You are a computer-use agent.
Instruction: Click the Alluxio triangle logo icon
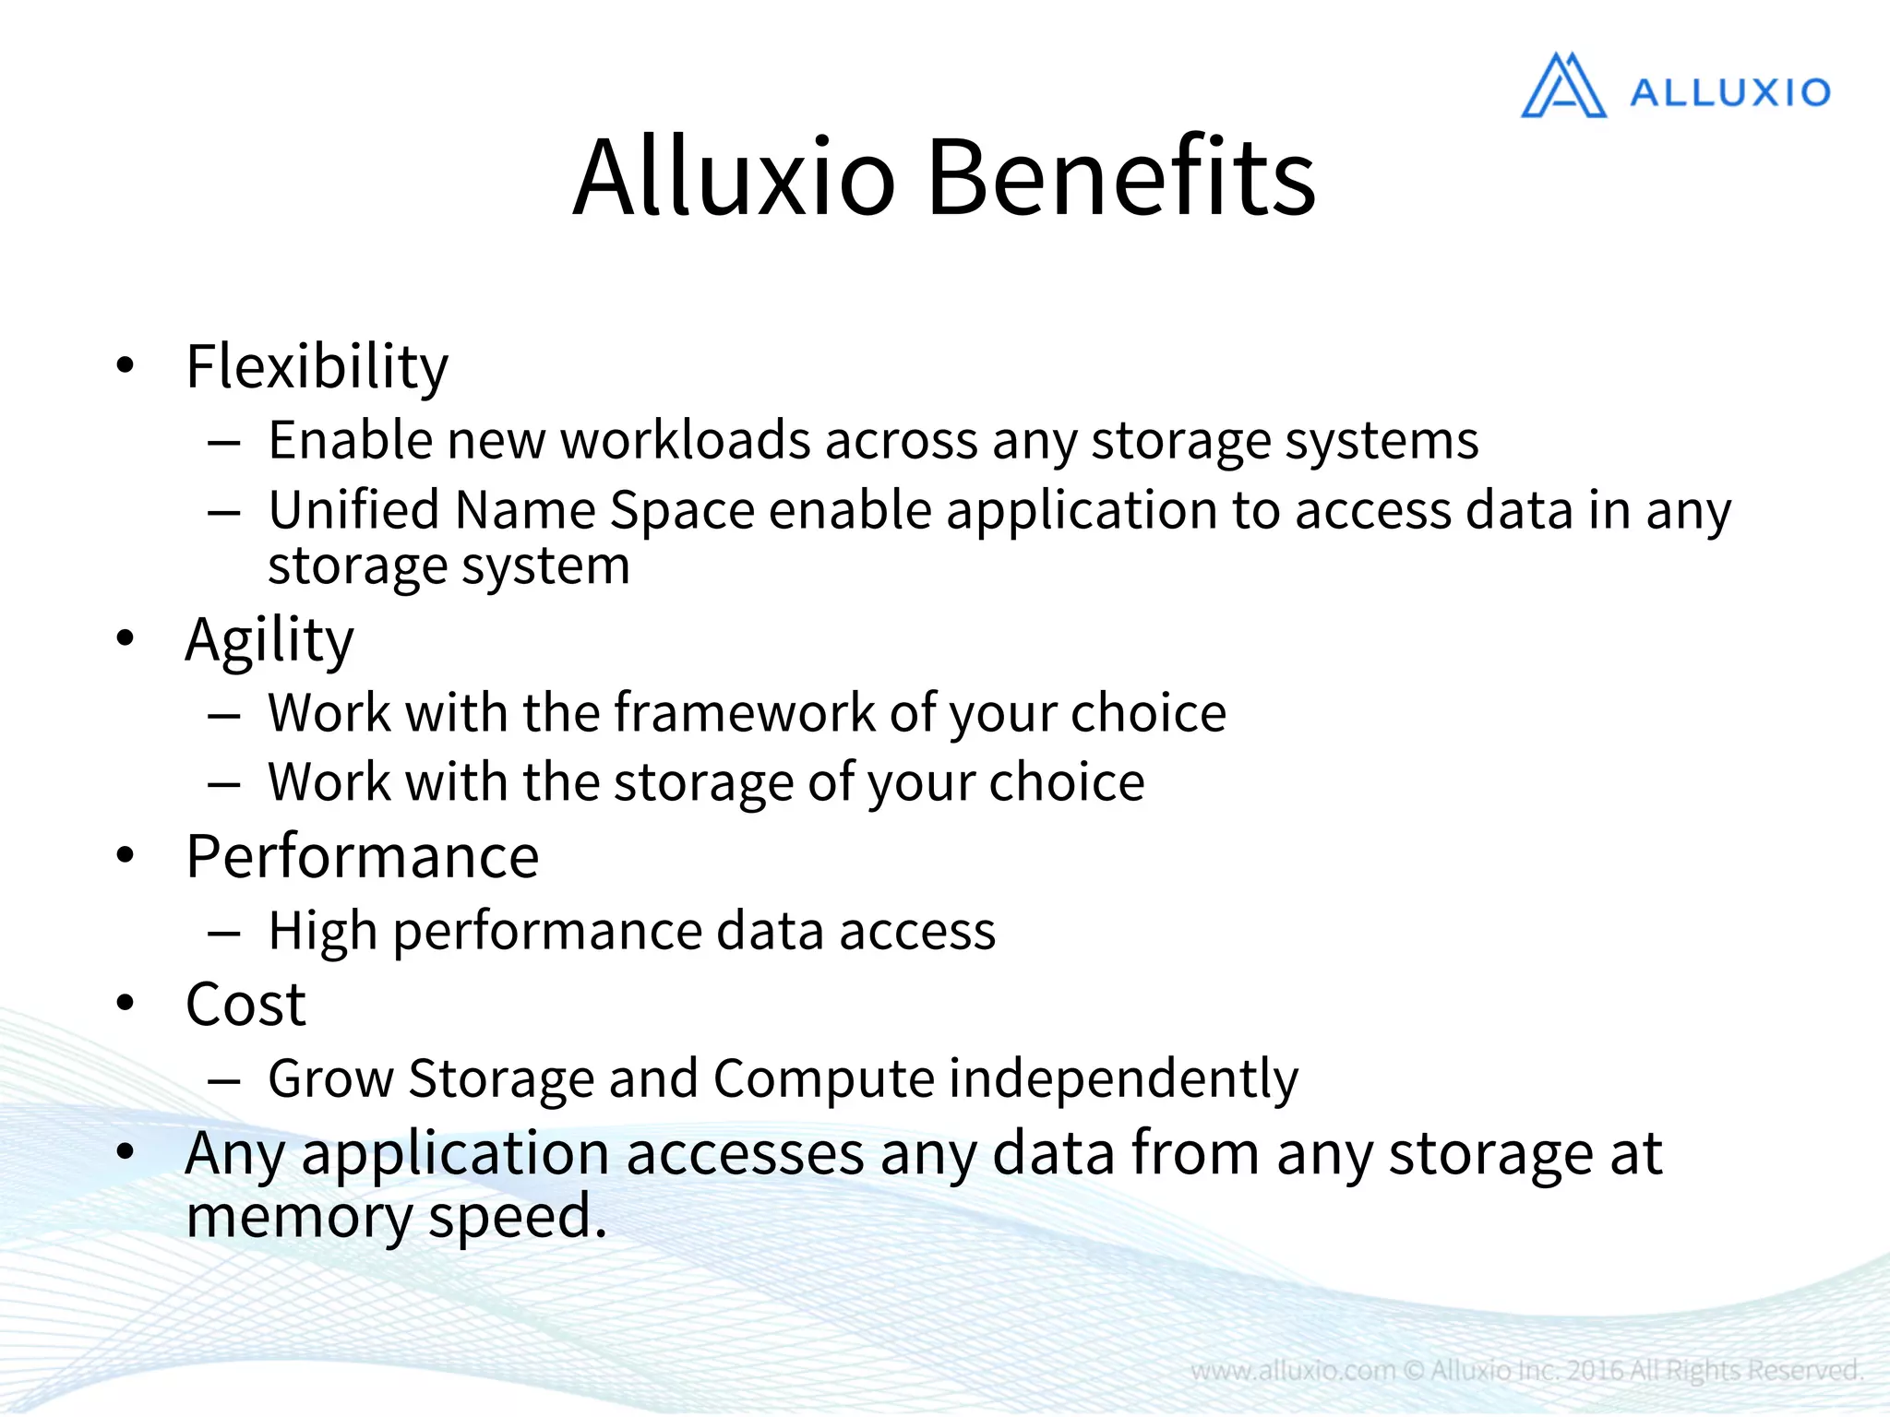click(x=1563, y=88)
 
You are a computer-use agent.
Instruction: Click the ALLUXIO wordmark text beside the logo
click(x=1729, y=93)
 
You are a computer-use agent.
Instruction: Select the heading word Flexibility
click(x=317, y=367)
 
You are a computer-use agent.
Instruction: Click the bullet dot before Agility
click(x=126, y=637)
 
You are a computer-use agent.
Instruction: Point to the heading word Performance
click(x=362, y=857)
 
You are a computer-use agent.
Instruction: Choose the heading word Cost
click(x=245, y=1004)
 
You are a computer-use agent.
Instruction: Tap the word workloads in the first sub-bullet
click(x=686, y=440)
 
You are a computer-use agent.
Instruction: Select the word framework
click(x=744, y=712)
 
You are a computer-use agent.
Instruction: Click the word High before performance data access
click(x=323, y=931)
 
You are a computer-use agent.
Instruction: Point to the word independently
click(x=1123, y=1078)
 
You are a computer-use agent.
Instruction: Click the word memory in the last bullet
click(x=299, y=1217)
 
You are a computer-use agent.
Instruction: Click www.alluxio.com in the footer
click(x=1293, y=1371)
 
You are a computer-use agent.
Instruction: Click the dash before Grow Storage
click(x=224, y=1079)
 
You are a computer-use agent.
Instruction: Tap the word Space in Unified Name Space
click(x=682, y=510)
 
